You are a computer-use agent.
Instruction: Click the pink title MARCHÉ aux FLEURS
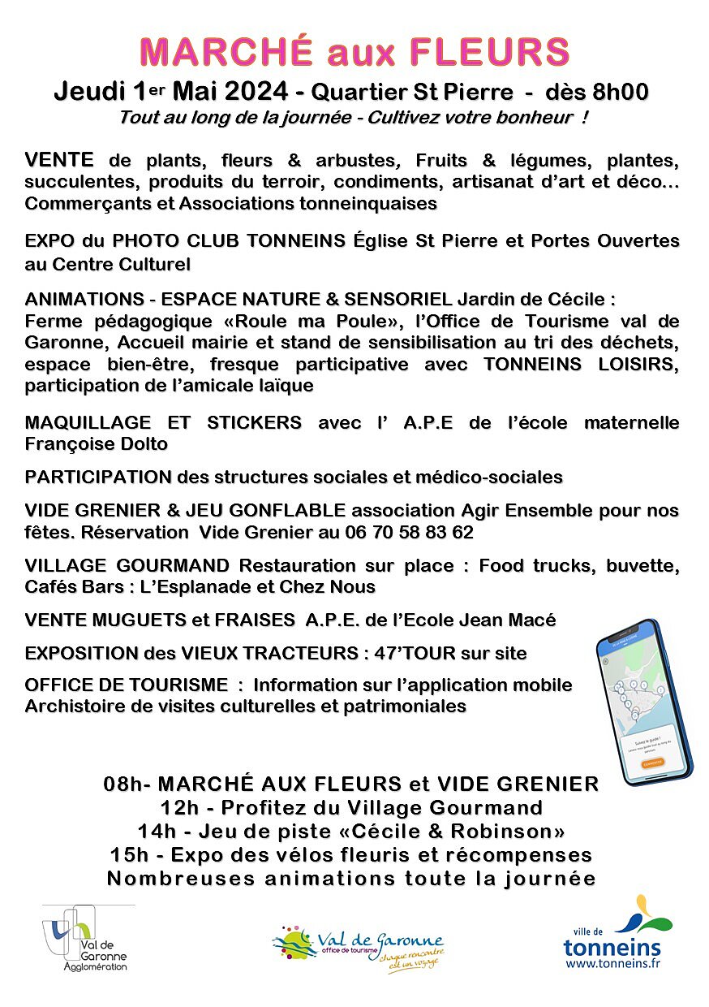(x=354, y=53)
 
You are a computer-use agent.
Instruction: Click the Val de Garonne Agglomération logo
(x=87, y=938)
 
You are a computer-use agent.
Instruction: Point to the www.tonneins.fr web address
(x=612, y=963)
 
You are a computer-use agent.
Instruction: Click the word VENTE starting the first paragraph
(x=59, y=159)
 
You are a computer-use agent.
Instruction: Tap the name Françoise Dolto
(x=96, y=444)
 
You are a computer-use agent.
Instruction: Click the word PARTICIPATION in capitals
(x=98, y=477)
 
